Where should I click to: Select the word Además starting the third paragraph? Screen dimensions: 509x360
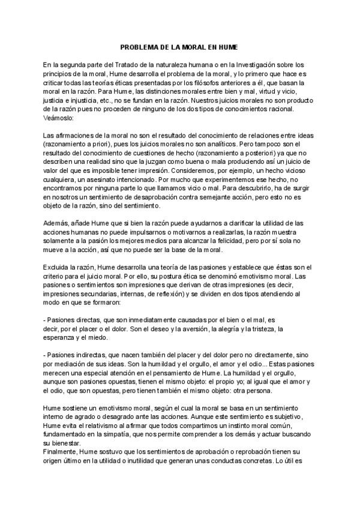tap(56, 223)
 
